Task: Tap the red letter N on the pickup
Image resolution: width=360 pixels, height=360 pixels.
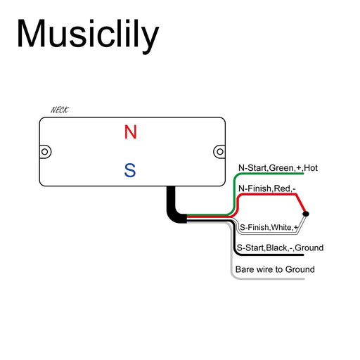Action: pos(130,132)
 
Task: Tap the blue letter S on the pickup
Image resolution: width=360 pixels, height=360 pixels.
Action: pos(130,169)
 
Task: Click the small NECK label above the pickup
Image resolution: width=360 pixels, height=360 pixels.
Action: pos(60,110)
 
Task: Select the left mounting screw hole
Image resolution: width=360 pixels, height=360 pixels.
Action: pos(46,151)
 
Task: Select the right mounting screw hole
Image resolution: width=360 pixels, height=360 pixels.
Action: pos(219,150)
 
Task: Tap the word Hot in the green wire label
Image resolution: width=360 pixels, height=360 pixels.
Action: pos(311,168)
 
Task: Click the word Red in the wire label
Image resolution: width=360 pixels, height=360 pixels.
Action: pos(282,188)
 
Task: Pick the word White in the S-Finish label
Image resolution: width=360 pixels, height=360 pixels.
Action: pos(281,227)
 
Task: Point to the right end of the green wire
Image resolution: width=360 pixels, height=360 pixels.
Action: pos(302,174)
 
